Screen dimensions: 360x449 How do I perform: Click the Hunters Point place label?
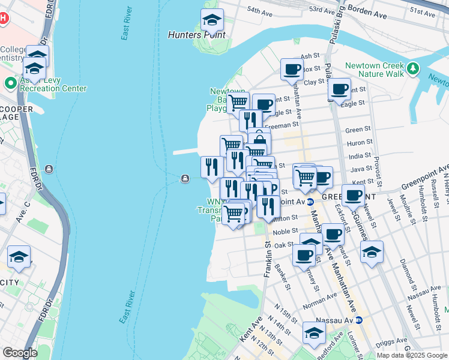(196, 35)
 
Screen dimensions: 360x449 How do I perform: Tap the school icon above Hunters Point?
(211, 21)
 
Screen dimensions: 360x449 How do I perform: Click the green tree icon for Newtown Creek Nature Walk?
(412, 69)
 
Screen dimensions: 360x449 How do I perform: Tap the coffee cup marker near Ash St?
(292, 68)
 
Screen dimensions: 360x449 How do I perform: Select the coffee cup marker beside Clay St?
(339, 89)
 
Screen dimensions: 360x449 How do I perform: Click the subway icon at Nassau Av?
(359, 320)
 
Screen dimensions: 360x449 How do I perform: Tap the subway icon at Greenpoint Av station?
(310, 202)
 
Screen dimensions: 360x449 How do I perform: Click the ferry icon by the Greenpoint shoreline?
(185, 178)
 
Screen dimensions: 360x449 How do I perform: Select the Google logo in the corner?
(19, 353)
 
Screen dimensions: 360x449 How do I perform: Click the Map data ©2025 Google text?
(412, 355)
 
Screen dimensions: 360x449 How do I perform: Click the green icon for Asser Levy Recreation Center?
(10, 83)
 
